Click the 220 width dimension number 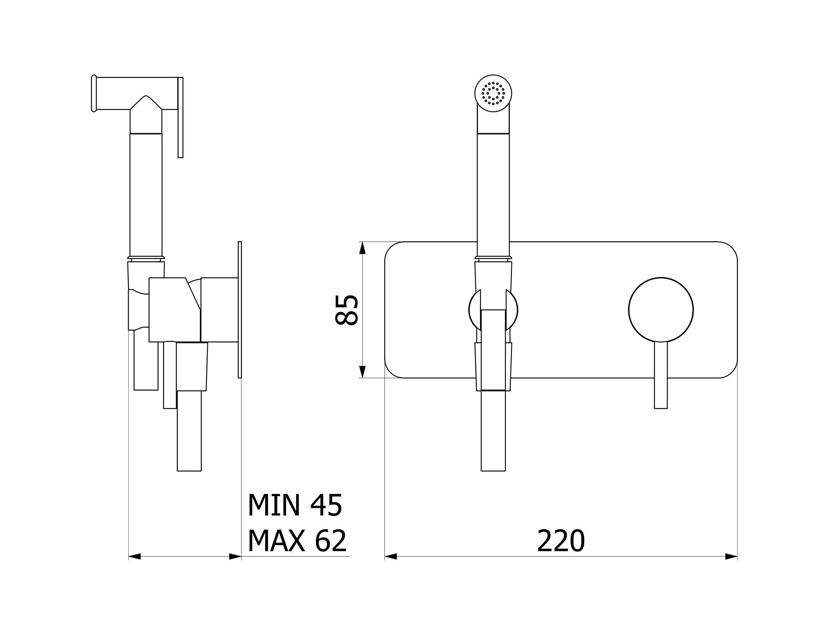[560, 541]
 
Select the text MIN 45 [295, 505]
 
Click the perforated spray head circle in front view [493, 93]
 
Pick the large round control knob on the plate [661, 310]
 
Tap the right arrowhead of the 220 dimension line [731, 556]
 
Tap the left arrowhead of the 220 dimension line [391, 556]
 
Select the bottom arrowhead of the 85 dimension [362, 372]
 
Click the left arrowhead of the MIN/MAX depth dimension [134, 556]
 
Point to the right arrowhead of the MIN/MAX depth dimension [235, 556]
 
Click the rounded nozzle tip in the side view [94, 93]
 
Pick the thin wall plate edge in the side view [240, 310]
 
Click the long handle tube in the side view [146, 195]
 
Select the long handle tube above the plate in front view [493, 187]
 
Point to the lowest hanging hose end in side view [189, 430]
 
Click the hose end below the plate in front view [493, 430]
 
